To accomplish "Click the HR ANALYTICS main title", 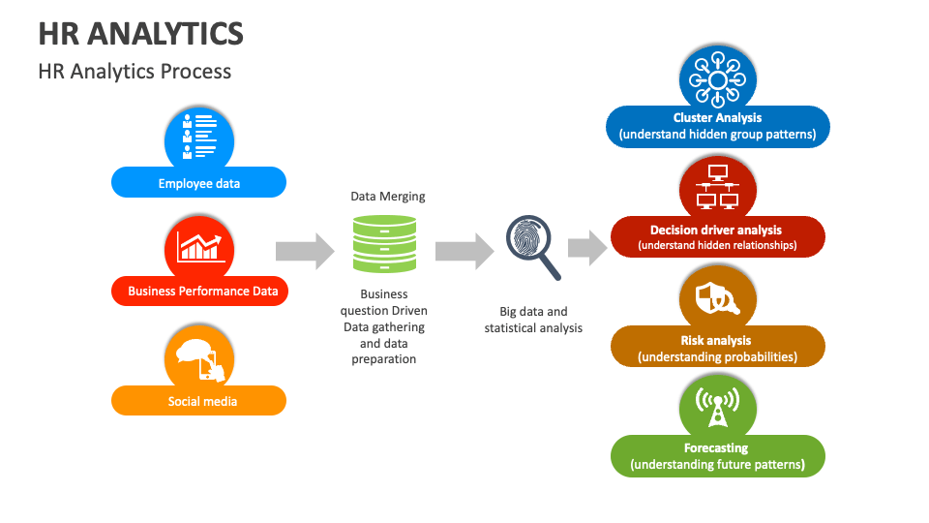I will (x=140, y=34).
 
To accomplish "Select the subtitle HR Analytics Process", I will (x=135, y=72).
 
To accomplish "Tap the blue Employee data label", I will (x=199, y=182).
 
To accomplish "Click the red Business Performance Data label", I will (x=202, y=291).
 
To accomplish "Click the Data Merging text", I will (x=387, y=197).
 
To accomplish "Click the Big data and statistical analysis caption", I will (x=533, y=320).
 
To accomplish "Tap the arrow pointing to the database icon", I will (x=305, y=252).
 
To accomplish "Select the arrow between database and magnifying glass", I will (x=464, y=252).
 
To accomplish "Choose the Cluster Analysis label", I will (x=717, y=126).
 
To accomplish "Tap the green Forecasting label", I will (x=717, y=456).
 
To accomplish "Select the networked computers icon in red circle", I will (x=717, y=187).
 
